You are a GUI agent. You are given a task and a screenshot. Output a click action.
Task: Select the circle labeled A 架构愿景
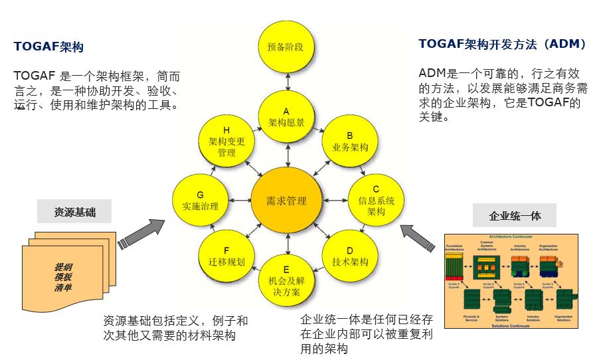point(286,117)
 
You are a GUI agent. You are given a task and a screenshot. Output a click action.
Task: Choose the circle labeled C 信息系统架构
point(376,199)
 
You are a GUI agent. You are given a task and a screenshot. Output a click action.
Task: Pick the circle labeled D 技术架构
point(349,256)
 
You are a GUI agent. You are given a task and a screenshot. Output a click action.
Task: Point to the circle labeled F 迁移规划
point(226,256)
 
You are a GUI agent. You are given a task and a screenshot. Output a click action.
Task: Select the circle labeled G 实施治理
point(200,200)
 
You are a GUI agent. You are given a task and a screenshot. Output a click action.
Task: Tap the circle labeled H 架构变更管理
point(226,141)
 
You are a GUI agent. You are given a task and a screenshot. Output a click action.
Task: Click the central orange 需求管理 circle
point(286,200)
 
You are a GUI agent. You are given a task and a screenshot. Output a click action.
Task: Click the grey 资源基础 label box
point(75,213)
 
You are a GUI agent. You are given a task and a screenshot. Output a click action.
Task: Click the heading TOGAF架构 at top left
point(48,48)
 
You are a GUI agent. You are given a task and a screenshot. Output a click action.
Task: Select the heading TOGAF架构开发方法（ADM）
point(503,45)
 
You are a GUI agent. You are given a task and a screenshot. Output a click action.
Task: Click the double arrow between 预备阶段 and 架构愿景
point(286,81)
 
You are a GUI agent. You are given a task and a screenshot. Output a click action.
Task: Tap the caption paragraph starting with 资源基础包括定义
point(175,328)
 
